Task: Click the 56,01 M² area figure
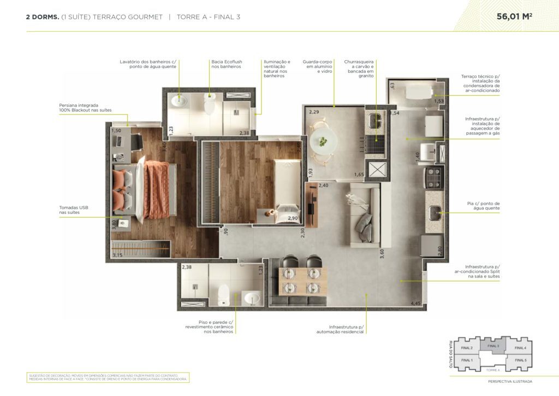point(514,16)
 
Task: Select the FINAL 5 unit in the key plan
point(520,360)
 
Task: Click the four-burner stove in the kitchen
point(433,177)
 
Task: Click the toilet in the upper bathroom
point(209,104)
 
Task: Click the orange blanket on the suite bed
point(157,189)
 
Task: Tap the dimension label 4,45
point(417,303)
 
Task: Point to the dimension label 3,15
point(117,255)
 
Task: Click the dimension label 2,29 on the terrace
point(313,112)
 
